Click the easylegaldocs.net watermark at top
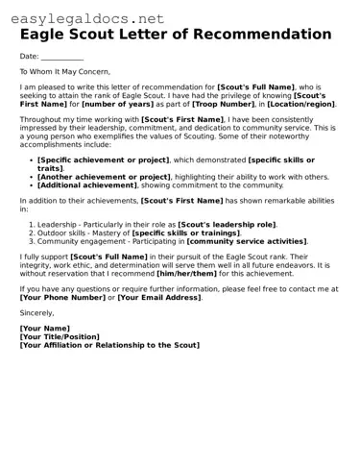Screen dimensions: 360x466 coord(84,17)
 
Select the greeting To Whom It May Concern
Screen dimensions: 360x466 coord(65,71)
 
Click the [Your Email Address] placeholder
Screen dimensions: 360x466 coord(159,299)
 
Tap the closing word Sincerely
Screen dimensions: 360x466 coord(37,313)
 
